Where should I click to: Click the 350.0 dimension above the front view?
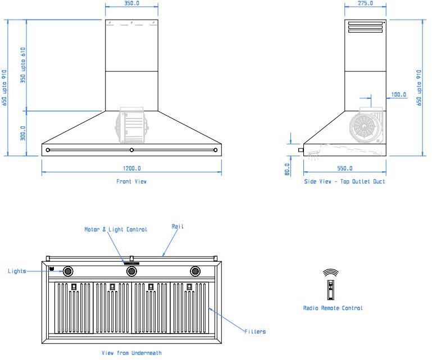coord(131,3)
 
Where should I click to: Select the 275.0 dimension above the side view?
coord(365,3)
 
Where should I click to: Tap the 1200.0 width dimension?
coord(131,168)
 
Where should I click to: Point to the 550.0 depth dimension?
coord(345,168)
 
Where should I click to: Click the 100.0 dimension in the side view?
coord(399,95)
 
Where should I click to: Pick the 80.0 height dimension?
coord(287,169)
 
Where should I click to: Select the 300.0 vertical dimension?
coord(23,133)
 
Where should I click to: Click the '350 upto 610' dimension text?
coord(23,65)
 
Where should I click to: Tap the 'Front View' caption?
coord(131,181)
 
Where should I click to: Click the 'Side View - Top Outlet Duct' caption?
coord(344,181)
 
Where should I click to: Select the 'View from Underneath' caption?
coord(131,353)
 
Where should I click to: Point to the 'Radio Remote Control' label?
coord(333,308)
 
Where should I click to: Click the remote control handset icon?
coord(331,290)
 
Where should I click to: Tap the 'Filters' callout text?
coord(255,331)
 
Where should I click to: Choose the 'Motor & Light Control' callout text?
coord(116,230)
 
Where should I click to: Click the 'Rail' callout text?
coord(178,226)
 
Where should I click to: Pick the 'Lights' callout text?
coord(17,271)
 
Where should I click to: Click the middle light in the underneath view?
coord(131,271)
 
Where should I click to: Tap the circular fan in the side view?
coord(364,127)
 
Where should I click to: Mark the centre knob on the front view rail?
coord(131,150)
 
